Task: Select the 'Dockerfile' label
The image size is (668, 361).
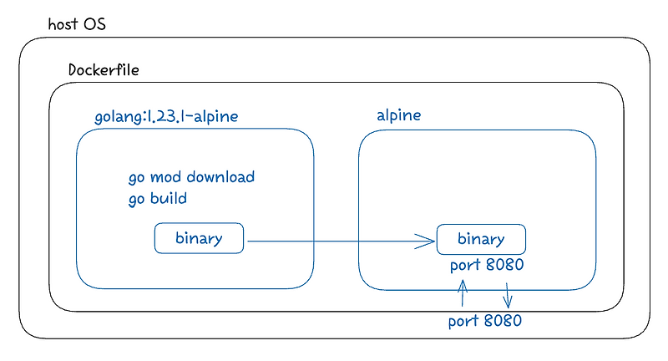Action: [104, 69]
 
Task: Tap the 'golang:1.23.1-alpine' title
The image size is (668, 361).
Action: [166, 116]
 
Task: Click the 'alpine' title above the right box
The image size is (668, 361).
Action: [398, 116]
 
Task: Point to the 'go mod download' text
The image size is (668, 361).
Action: [191, 177]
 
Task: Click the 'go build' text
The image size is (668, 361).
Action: [157, 199]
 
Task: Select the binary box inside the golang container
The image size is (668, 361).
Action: [199, 238]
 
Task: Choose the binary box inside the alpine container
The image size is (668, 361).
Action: [481, 239]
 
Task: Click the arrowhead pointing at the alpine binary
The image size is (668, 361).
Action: [428, 242]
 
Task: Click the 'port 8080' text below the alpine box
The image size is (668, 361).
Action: [485, 321]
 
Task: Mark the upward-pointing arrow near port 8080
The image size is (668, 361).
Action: [462, 294]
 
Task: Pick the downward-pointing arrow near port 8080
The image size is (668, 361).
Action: [508, 293]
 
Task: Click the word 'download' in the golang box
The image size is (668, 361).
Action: [220, 177]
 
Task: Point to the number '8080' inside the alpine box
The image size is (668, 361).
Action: [504, 266]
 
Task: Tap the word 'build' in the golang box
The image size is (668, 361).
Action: [167, 199]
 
